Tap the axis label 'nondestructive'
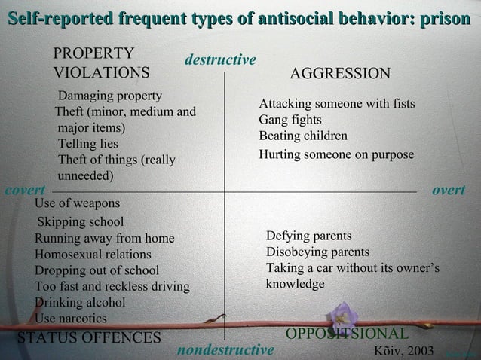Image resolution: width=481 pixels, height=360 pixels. point(225,350)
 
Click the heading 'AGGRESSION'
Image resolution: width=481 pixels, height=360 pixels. point(340,73)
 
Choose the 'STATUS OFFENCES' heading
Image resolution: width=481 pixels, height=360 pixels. point(89,336)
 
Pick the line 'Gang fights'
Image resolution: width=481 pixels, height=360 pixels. point(290,120)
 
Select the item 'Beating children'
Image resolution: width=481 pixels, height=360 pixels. point(303,136)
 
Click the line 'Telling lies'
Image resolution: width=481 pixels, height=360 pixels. point(88,143)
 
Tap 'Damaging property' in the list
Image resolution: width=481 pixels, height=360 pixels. point(110,96)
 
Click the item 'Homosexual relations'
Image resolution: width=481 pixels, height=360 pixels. point(93,255)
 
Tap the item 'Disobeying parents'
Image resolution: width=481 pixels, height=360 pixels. point(317,252)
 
